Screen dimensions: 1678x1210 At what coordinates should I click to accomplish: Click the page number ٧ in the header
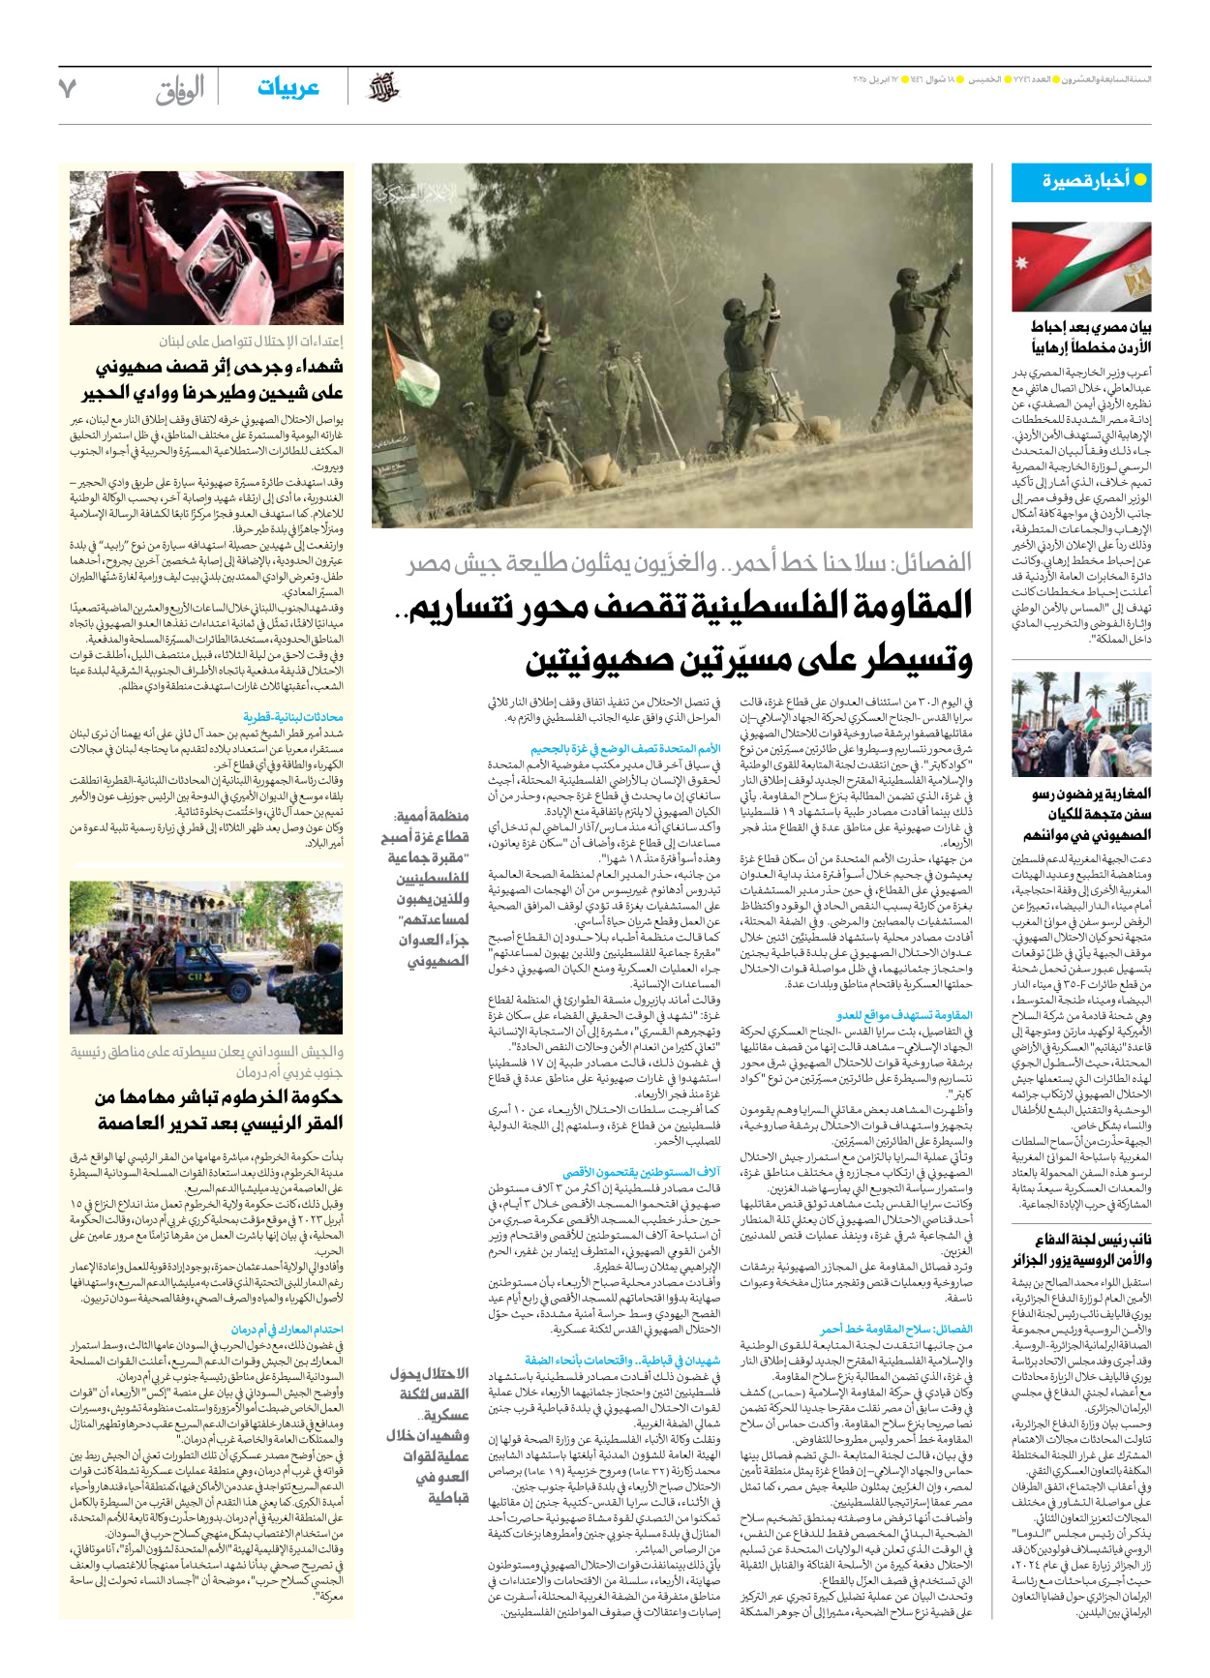[x=68, y=88]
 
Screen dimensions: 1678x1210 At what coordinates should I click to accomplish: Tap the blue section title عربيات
[x=287, y=88]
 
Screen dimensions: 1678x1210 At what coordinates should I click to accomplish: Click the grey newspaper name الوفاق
[x=180, y=90]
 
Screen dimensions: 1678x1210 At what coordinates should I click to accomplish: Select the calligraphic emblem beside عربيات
[x=383, y=88]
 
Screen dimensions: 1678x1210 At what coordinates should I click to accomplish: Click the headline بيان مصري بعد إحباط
[x=1091, y=327]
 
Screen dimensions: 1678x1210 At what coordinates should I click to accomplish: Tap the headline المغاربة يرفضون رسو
[x=1091, y=794]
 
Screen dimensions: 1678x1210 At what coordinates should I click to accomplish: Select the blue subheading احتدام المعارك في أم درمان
[x=287, y=1330]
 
